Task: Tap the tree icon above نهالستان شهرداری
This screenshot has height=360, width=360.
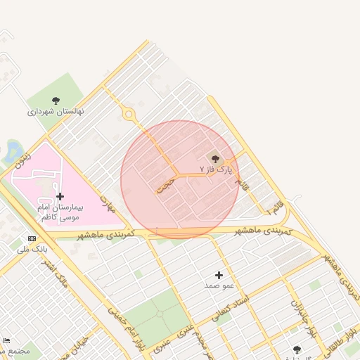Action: [56, 101]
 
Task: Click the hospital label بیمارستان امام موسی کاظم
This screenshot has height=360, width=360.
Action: [59, 213]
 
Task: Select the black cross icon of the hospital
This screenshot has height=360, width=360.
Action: [60, 197]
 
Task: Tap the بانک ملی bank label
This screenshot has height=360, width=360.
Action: [32, 249]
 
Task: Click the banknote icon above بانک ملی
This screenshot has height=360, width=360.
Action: [32, 239]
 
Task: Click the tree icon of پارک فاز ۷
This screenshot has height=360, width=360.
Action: [215, 159]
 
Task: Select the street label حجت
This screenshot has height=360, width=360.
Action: [165, 185]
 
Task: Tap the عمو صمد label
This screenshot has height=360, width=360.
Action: [218, 285]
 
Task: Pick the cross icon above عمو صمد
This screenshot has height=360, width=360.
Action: [219, 275]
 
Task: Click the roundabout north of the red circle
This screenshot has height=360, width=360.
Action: [128, 114]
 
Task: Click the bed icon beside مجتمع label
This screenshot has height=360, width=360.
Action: [7, 340]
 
